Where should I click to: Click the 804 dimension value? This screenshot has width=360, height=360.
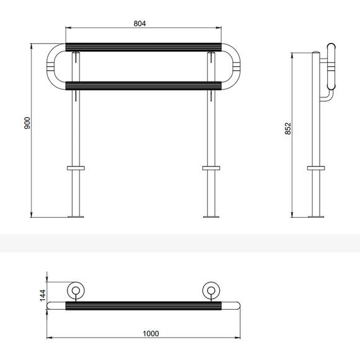140,24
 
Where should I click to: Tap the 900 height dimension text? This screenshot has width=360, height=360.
27,123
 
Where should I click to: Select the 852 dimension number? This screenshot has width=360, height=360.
287,128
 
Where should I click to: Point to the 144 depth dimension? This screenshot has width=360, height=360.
43,295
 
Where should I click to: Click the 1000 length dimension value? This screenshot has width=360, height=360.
151,333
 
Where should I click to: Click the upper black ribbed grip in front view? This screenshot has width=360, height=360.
143,47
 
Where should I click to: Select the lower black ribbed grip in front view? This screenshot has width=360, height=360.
143,86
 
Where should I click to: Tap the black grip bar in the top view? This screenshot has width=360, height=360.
143,306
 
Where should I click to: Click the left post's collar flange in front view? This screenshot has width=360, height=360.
76,168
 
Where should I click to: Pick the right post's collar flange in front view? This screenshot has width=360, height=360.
211,168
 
